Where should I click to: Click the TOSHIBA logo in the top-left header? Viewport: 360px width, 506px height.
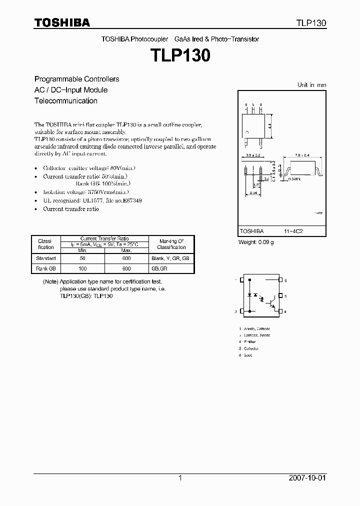(x=62, y=22)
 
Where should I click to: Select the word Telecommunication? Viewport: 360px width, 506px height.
(x=65, y=100)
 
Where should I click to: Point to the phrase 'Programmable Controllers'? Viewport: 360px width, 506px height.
(x=76, y=79)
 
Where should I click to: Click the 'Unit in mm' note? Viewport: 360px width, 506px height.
(x=311, y=85)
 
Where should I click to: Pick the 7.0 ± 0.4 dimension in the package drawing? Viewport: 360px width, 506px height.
(x=301, y=156)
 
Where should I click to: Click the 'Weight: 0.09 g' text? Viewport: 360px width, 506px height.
(x=255, y=242)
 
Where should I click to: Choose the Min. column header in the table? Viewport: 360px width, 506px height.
(x=82, y=249)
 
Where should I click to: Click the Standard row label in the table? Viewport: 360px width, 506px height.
(x=45, y=258)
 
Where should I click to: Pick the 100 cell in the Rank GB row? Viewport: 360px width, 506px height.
(x=82, y=268)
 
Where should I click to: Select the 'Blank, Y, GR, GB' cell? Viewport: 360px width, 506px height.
(x=171, y=258)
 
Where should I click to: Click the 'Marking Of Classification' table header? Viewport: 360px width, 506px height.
(x=171, y=244)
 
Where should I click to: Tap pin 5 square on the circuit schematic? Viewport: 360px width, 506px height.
(x=280, y=296)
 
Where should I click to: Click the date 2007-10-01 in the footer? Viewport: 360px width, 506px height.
(x=307, y=478)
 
